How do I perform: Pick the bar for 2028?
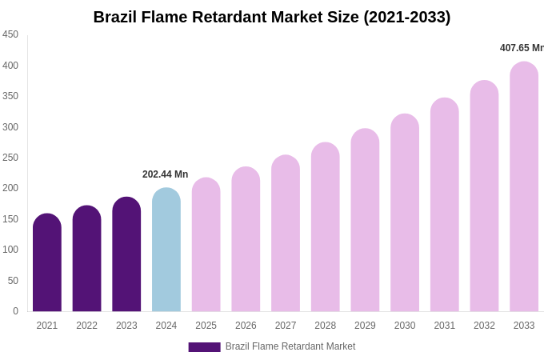326,227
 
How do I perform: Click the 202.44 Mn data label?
165,174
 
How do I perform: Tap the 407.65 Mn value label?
522,48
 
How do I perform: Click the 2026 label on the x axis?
246,326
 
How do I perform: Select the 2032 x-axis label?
484,326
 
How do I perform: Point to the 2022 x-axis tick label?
86,326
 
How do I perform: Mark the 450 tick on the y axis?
10,34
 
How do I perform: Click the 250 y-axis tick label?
10,158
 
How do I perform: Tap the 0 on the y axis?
15,311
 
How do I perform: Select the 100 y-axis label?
10,250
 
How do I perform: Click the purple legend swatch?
204,347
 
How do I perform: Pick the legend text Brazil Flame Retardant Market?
290,346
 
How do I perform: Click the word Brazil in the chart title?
116,17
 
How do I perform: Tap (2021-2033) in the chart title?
407,17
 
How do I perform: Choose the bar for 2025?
206,245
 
